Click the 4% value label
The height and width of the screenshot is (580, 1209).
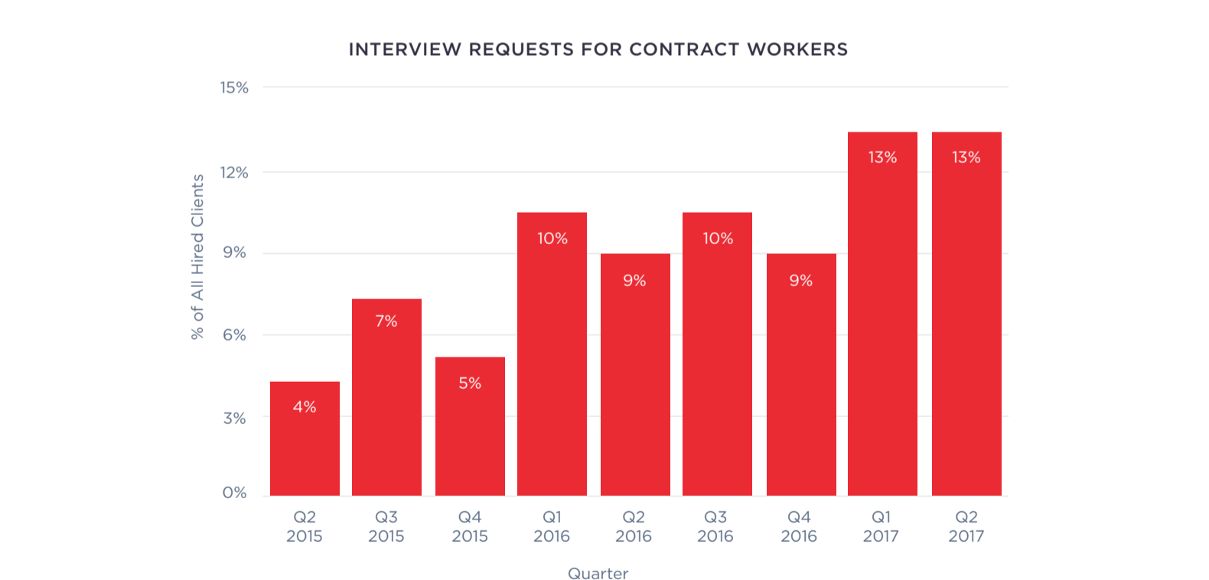305,407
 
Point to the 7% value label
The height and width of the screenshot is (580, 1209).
386,321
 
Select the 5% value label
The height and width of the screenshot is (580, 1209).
470,383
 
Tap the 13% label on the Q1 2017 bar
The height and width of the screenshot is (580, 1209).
882,158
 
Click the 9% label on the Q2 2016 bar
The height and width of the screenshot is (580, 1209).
634,281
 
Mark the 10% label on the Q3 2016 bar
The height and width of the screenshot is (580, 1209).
718,239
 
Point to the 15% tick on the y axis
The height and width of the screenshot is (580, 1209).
234,88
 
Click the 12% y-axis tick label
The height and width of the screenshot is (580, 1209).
234,173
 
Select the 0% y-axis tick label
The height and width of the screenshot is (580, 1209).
234,493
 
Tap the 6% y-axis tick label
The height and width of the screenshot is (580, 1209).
234,335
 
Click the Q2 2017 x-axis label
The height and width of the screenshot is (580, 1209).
966,526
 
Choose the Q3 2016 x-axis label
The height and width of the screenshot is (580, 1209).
715,526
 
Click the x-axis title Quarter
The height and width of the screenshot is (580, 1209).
598,574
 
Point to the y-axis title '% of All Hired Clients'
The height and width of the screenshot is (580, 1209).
197,257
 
